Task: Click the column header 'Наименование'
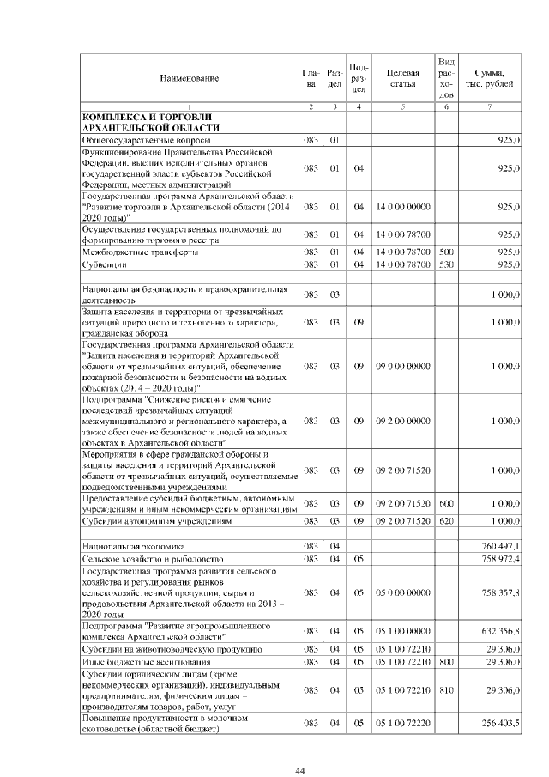(x=189, y=78)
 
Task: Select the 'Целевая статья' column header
(x=401, y=78)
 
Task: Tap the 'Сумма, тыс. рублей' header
(x=489, y=78)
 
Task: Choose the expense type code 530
(x=445, y=265)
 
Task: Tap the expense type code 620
(x=445, y=521)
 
